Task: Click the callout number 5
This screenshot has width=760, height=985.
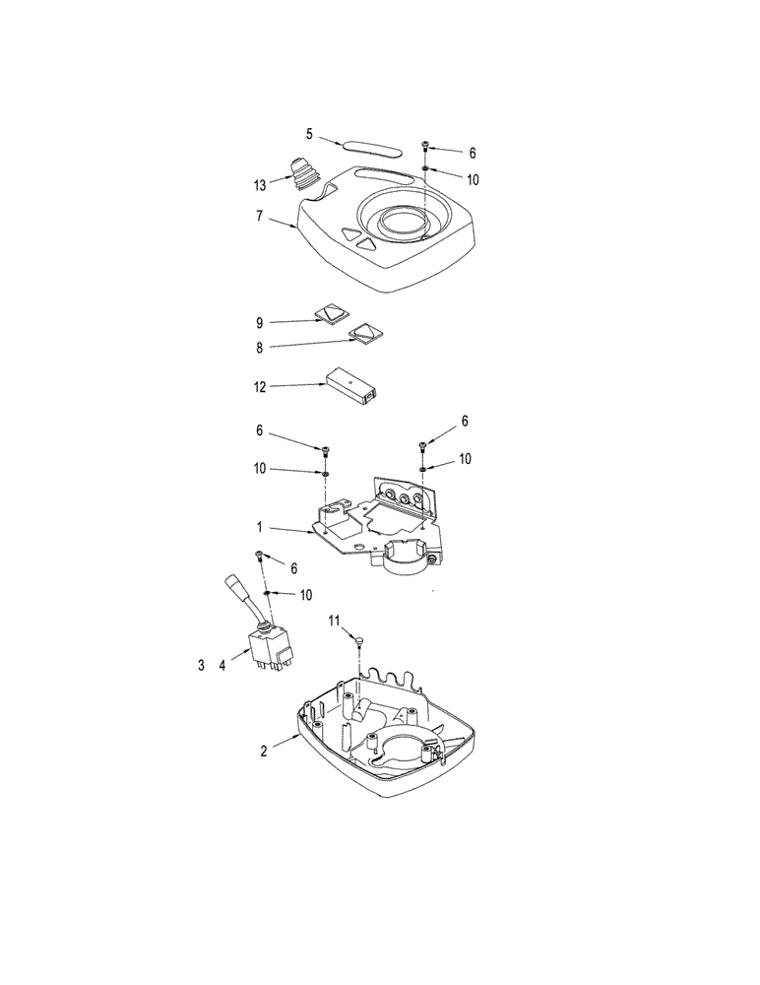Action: [x=308, y=133]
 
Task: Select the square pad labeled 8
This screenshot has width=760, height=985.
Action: [x=366, y=334]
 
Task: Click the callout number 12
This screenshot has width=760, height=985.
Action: [x=260, y=387]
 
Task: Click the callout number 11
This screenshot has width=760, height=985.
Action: [x=334, y=621]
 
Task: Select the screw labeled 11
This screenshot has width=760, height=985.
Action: [x=361, y=641]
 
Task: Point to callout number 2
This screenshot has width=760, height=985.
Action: [x=264, y=751]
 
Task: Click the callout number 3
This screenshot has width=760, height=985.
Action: [x=201, y=666]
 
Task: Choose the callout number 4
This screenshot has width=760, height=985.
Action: [x=222, y=666]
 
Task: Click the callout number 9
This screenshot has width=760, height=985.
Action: [x=260, y=322]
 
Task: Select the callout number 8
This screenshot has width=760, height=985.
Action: [x=260, y=347]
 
